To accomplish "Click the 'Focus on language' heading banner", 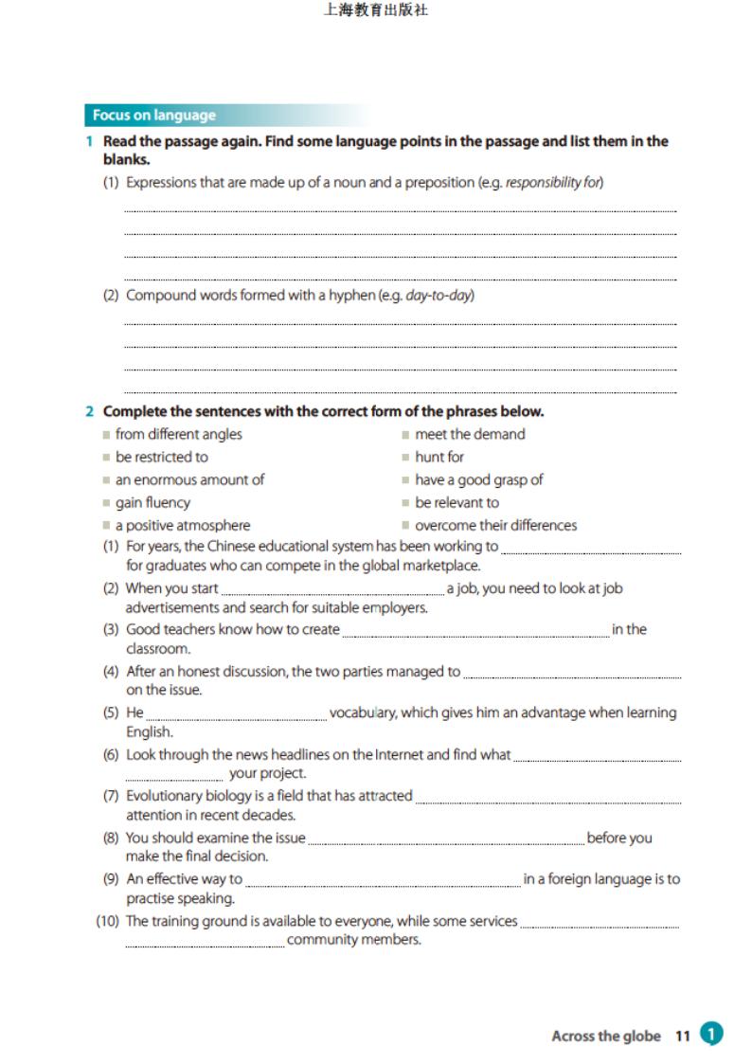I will click(153, 116).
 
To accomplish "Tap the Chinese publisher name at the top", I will click(375, 11).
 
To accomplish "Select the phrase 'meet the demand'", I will click(469, 434).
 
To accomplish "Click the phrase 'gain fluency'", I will click(152, 502).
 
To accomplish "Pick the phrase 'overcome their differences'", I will click(495, 525).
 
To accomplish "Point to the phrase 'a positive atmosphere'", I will click(183, 525).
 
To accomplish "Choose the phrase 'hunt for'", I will click(439, 457).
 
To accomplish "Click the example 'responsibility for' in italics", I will click(554, 182).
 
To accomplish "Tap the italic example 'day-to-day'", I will click(439, 295).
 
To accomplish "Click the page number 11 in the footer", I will click(683, 1036).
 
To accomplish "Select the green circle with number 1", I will click(710, 1034).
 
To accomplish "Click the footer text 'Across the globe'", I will click(606, 1036).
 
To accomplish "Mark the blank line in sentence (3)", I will click(475, 634).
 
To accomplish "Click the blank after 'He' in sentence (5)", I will click(236, 717).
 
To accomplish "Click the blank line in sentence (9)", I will click(383, 883).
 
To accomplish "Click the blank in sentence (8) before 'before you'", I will click(446, 841).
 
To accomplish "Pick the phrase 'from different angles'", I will click(178, 434).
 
